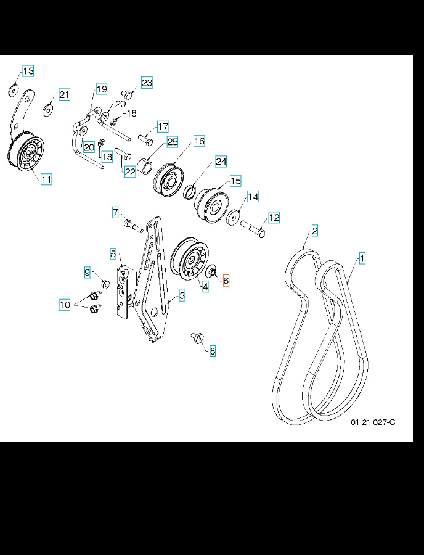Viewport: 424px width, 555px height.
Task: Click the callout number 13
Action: (28, 72)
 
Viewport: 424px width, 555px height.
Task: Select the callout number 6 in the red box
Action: (226, 281)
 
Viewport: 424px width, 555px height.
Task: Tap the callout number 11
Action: (46, 179)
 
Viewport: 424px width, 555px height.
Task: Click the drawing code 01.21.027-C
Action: (372, 422)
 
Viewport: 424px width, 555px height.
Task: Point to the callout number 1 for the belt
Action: (362, 258)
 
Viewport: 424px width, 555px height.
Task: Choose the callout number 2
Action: (314, 231)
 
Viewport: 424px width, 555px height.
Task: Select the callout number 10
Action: (65, 304)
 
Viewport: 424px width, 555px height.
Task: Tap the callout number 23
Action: (146, 83)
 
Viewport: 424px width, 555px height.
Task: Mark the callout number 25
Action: (172, 142)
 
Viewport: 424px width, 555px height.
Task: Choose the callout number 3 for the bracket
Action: (182, 296)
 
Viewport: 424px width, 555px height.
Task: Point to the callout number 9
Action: (88, 272)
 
